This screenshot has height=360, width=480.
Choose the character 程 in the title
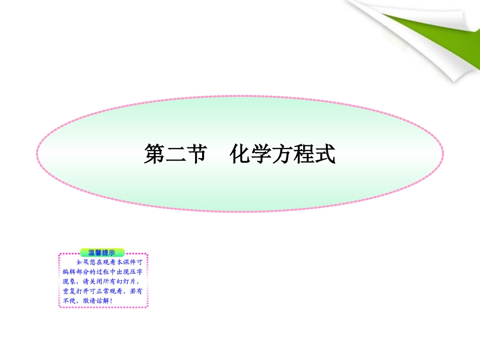pos(304,154)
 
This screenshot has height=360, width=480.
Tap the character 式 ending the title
pos(325,154)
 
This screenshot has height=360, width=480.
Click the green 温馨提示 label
pos(103,252)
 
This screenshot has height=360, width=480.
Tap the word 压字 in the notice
pos(140,272)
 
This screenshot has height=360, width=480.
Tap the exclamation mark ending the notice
pos(111,301)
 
